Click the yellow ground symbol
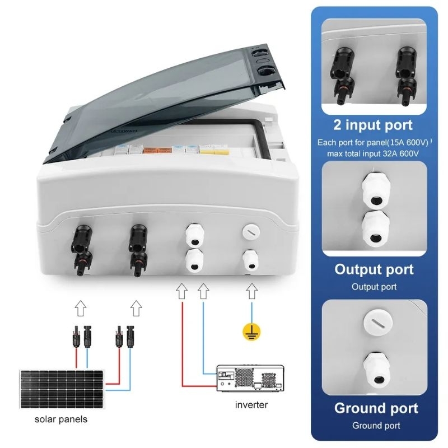pyautogui.click(x=249, y=332)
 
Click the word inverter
pyautogui.click(x=251, y=404)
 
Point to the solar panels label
pyautogui.click(x=61, y=419)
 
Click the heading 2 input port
pyautogui.click(x=374, y=124)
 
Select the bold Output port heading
pyautogui.click(x=374, y=269)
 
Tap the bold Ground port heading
pyautogui.click(x=376, y=408)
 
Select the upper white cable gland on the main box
pyautogui.click(x=194, y=235)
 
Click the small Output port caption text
pyautogui.click(x=374, y=287)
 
